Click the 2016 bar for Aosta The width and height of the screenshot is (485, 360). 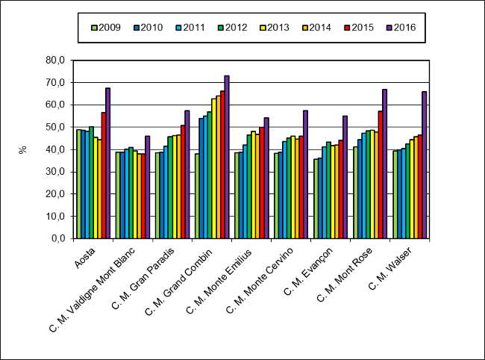pos(108,164)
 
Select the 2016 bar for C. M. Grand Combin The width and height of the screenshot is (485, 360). pos(227,157)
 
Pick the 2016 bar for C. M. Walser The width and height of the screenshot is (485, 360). pos(425,165)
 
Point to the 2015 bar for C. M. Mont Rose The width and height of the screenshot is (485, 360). pos(380,175)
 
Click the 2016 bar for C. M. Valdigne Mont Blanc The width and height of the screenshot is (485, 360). pos(148,187)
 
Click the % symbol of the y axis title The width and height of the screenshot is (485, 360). pos(23,149)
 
